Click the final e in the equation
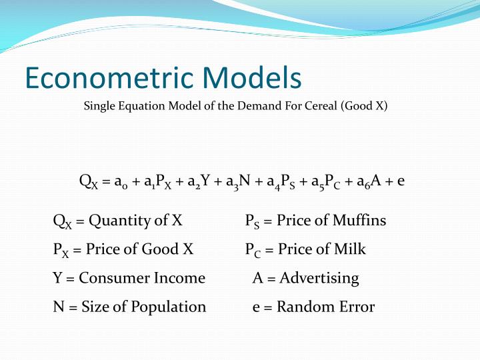pos(400,182)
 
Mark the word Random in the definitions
pos(305,307)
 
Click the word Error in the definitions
pos(357,307)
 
